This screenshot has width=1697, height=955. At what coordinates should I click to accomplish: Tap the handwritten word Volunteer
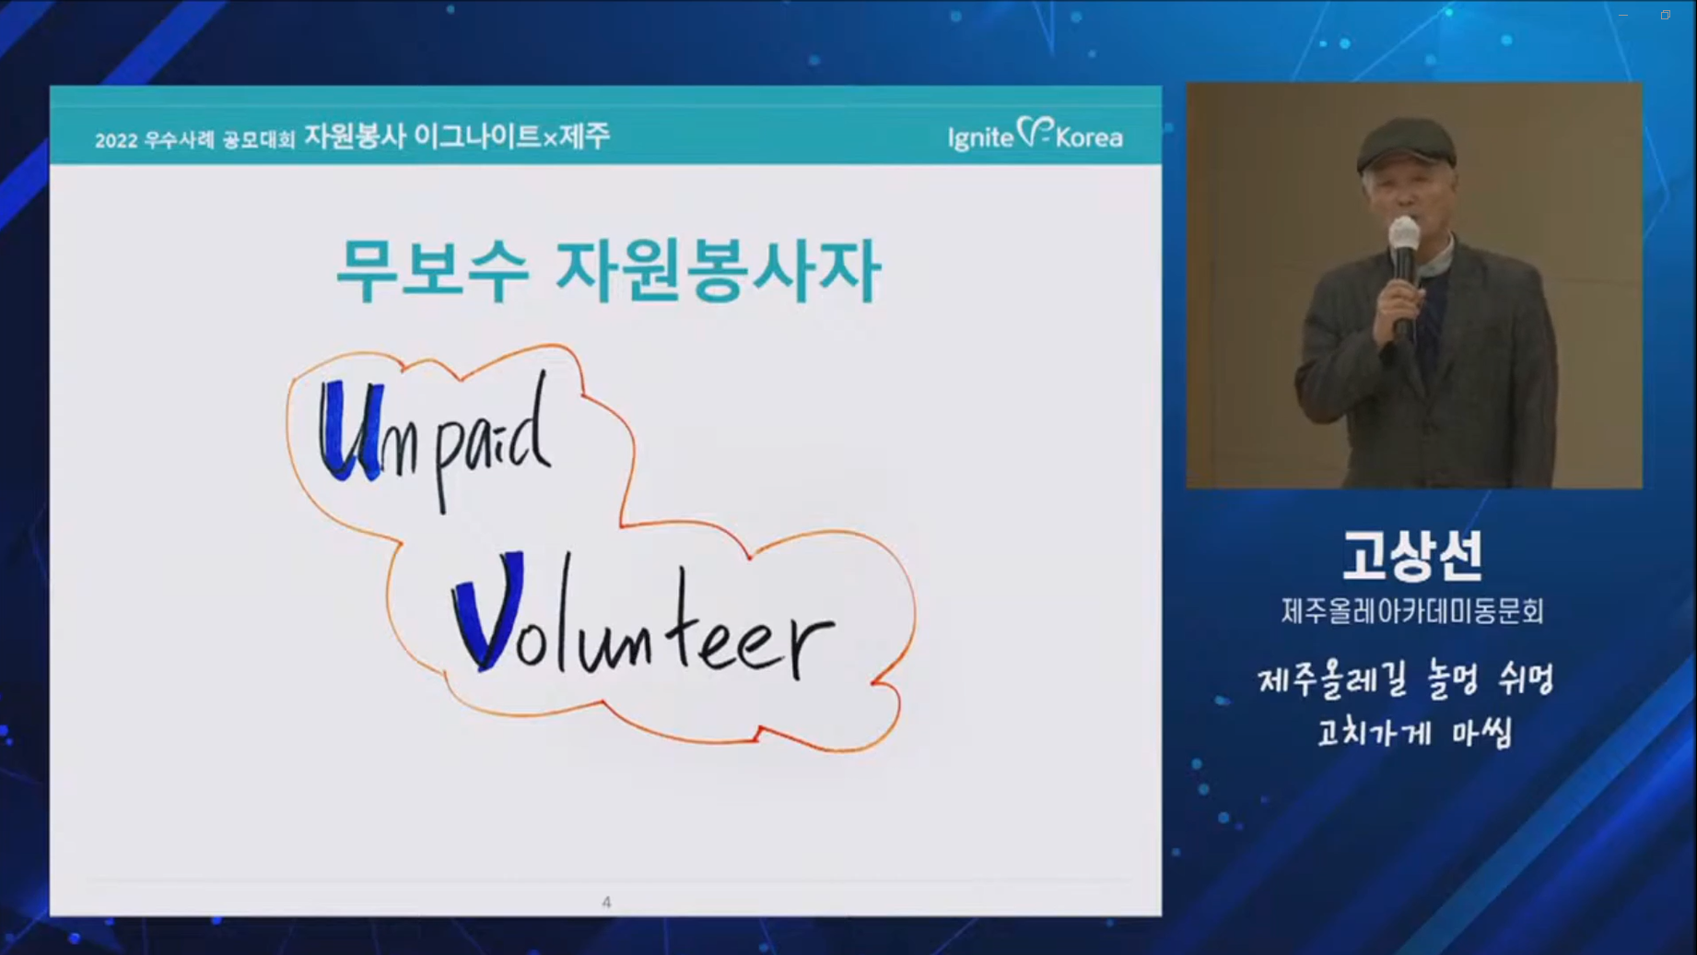643,616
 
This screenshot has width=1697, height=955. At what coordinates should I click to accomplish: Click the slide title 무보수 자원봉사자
608,270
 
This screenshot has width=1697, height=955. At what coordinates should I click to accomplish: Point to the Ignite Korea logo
1035,136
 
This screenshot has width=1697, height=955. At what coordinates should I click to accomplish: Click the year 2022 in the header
115,140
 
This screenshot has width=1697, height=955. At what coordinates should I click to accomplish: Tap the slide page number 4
606,902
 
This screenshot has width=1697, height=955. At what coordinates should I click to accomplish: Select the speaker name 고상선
1412,556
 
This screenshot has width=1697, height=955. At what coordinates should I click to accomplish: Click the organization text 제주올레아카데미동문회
1412,611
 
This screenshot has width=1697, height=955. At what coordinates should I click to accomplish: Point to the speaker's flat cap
1405,145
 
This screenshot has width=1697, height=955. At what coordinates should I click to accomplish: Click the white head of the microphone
1404,233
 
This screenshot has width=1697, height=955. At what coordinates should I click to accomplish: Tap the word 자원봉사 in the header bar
355,136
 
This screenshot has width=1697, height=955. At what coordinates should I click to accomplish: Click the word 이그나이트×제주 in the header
511,136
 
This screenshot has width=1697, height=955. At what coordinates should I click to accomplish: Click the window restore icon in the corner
1666,15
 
